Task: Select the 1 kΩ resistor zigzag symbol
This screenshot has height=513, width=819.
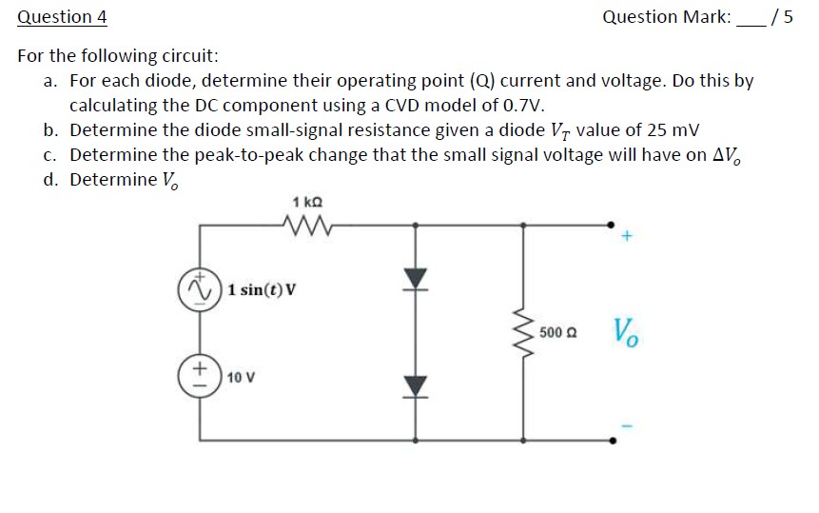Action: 307,226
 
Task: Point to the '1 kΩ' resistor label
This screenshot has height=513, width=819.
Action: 307,202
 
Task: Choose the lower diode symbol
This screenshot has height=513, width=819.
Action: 415,385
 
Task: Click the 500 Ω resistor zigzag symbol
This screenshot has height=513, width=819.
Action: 522,331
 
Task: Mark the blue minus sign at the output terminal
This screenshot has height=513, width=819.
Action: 626,422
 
